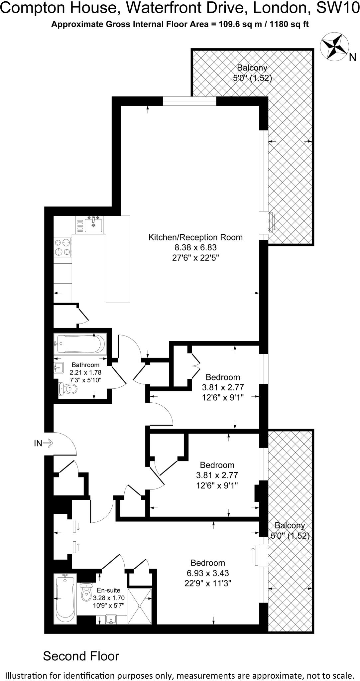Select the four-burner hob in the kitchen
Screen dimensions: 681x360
click(x=63, y=247)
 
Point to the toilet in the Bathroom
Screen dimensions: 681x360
click(x=67, y=388)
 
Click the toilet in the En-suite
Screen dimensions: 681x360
click(x=86, y=592)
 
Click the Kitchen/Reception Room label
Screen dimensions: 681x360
click(x=195, y=237)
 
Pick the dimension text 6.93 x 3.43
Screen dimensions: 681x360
click(x=208, y=573)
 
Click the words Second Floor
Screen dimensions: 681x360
click(x=81, y=656)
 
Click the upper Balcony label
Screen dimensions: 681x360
click(x=252, y=68)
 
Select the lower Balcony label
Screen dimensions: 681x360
click(x=290, y=525)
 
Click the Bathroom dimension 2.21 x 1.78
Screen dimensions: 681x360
click(x=85, y=373)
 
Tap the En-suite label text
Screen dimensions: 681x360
click(x=108, y=591)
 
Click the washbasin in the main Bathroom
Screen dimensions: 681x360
click(x=59, y=368)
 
